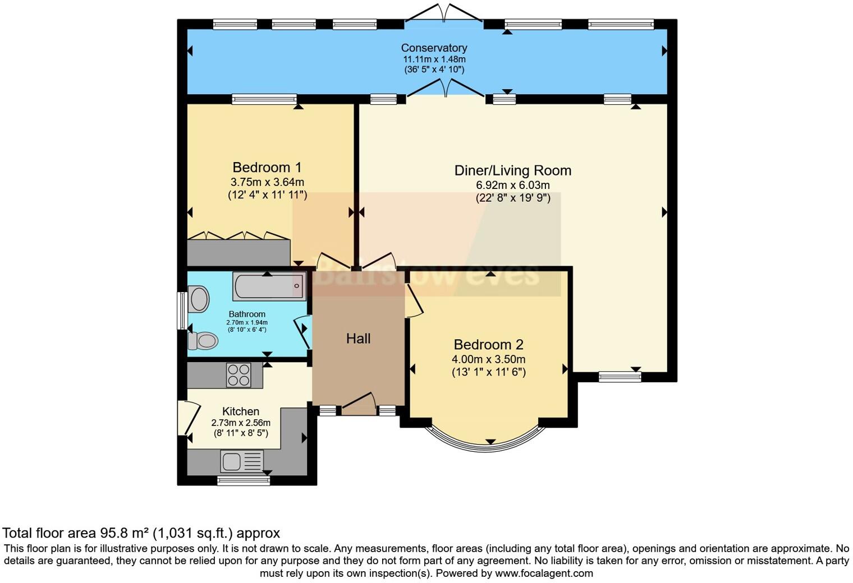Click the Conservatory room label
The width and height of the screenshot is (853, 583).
click(x=434, y=48)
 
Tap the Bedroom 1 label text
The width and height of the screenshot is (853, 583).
click(x=267, y=167)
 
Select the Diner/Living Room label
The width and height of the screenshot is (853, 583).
click(x=512, y=170)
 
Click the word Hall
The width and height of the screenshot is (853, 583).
click(x=358, y=339)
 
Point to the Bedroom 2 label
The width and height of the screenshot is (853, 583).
click(x=488, y=345)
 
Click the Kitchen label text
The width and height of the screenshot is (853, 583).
click(x=241, y=411)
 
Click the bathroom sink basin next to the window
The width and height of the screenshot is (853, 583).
click(x=199, y=299)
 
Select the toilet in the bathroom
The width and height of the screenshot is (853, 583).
click(x=203, y=340)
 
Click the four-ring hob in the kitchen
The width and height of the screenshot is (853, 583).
click(x=239, y=375)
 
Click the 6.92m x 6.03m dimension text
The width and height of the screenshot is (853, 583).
click(x=512, y=185)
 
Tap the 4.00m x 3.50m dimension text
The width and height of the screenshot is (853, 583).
click(x=488, y=359)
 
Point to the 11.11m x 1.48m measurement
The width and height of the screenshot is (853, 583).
click(x=434, y=59)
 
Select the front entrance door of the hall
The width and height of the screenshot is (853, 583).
click(x=359, y=405)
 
